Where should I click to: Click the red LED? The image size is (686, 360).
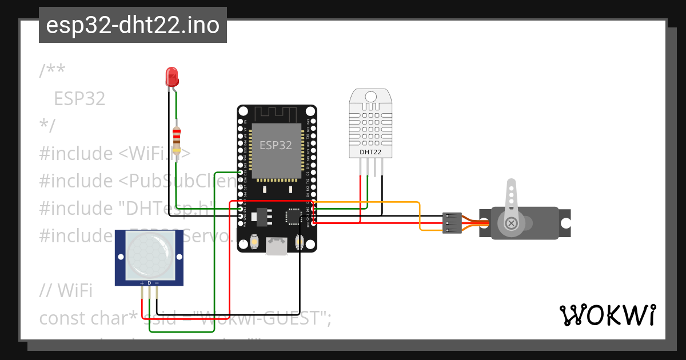click(x=171, y=76)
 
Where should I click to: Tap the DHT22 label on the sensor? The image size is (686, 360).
click(x=370, y=152)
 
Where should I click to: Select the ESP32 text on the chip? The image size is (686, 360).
click(x=276, y=145)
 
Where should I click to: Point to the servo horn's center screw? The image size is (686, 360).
click(x=511, y=223)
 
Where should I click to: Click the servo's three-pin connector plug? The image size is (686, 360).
click(x=452, y=223)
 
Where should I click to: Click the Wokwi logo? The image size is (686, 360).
click(x=607, y=315)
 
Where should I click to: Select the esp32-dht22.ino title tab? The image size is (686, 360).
click(x=133, y=25)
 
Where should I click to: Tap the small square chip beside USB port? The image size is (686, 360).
click(x=293, y=217)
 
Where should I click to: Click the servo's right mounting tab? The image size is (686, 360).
click(x=565, y=222)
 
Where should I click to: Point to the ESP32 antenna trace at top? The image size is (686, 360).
click(x=277, y=114)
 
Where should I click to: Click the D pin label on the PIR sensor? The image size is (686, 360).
click(x=149, y=283)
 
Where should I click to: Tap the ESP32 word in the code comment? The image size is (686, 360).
click(x=79, y=99)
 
